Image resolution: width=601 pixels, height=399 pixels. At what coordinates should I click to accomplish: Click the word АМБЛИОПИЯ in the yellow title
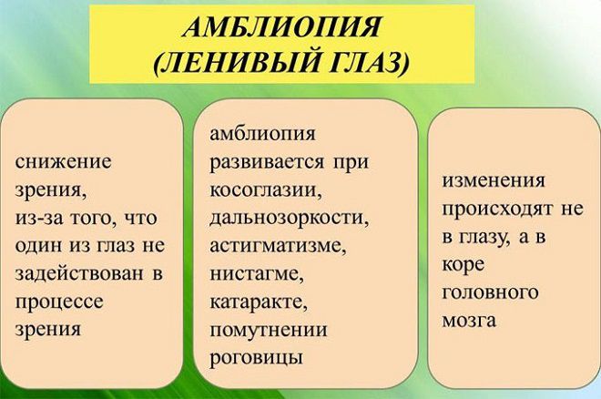click(x=281, y=27)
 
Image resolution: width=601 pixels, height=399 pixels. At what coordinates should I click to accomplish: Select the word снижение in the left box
click(x=63, y=161)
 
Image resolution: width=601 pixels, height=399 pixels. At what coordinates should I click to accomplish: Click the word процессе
click(x=59, y=302)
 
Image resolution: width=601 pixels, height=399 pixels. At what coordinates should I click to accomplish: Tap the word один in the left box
click(x=38, y=246)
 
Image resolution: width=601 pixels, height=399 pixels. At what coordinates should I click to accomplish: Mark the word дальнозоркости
click(x=289, y=218)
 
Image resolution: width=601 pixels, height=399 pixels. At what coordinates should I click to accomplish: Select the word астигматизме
click(x=278, y=246)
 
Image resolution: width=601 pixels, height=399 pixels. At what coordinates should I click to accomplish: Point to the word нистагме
click(x=257, y=273)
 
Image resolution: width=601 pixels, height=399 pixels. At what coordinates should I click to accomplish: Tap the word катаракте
click(x=259, y=302)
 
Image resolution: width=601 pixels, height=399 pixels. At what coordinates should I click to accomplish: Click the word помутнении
click(x=269, y=331)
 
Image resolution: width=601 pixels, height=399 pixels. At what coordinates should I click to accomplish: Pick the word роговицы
click(x=256, y=358)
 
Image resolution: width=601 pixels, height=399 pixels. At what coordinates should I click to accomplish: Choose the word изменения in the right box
click(x=494, y=180)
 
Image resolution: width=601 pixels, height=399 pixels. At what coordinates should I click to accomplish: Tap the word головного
click(x=490, y=293)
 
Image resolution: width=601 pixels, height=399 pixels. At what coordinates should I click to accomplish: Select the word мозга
click(x=469, y=321)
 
